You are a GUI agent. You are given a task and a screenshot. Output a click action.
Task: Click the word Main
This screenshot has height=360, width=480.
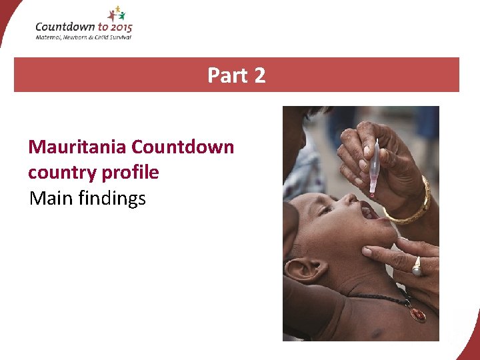51,199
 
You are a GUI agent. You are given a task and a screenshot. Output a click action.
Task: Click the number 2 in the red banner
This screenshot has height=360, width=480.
259,75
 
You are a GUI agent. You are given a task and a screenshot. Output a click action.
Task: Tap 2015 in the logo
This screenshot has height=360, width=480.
118,27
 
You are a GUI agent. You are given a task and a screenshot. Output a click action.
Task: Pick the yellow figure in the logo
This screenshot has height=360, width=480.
117,9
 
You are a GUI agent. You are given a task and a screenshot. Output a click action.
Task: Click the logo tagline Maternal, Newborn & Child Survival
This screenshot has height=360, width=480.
83,37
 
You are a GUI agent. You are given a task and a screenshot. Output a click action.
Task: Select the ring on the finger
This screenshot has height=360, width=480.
417,267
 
